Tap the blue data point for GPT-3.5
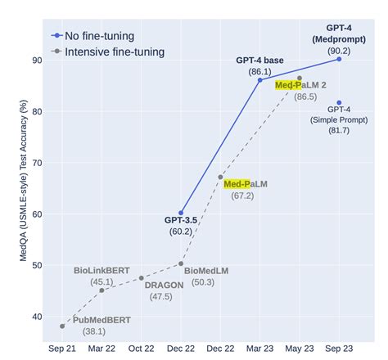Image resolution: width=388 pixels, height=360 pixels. click(181, 213)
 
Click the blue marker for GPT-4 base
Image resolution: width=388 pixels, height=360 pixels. click(259, 79)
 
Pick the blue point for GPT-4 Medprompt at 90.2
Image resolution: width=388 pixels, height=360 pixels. click(339, 59)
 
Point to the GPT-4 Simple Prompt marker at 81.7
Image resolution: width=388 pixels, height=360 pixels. click(339, 102)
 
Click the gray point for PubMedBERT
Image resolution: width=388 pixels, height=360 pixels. click(62, 326)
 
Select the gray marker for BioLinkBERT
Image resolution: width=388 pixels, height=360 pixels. click(102, 290)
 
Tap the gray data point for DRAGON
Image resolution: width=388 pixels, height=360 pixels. click(141, 278)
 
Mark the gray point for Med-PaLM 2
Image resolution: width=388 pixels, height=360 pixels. click(300, 78)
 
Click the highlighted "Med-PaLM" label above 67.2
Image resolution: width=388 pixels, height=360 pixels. click(245, 184)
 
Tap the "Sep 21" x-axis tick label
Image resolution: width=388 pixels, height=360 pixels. click(62, 347)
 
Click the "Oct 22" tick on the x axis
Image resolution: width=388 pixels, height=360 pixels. click(141, 347)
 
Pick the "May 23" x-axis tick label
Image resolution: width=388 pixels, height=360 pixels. click(300, 347)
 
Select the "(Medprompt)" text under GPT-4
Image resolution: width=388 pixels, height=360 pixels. click(339, 38)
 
